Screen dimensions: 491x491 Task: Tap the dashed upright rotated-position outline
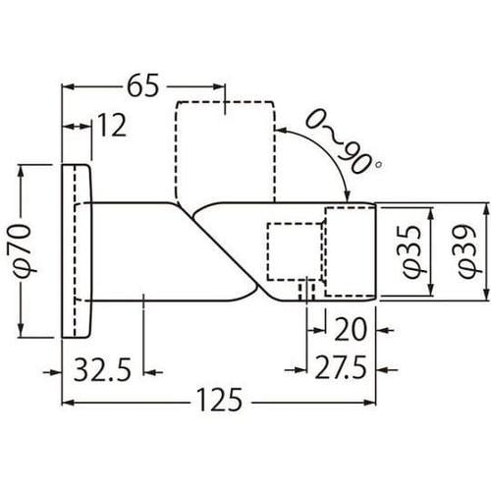click(x=223, y=147)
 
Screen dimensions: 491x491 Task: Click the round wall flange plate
click(x=78, y=251)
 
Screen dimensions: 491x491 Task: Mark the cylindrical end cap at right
click(x=351, y=251)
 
